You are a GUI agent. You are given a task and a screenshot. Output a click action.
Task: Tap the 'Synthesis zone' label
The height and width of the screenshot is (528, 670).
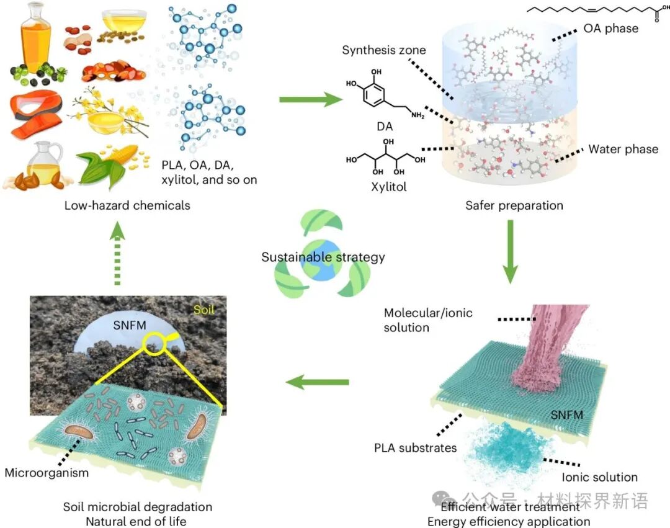pyautogui.click(x=384, y=50)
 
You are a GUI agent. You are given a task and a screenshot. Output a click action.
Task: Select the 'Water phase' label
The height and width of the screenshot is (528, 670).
pyautogui.click(x=623, y=149)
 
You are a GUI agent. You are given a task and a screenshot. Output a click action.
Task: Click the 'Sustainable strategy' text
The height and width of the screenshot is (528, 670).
pyautogui.click(x=323, y=257)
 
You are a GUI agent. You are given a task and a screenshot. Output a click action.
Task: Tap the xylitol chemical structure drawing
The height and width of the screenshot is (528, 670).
pyautogui.click(x=385, y=159)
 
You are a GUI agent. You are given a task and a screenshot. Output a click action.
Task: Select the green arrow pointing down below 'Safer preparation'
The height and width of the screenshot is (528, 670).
pyautogui.click(x=510, y=252)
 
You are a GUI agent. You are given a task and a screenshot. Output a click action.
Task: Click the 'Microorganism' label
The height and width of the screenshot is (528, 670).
pyautogui.click(x=47, y=473)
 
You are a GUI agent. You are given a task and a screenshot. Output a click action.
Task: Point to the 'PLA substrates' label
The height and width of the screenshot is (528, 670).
pyautogui.click(x=415, y=447)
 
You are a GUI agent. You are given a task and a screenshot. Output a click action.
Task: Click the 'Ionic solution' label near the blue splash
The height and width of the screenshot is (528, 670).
pyautogui.click(x=599, y=477)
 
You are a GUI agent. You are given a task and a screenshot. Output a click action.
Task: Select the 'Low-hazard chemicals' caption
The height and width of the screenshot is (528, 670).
pyautogui.click(x=127, y=205)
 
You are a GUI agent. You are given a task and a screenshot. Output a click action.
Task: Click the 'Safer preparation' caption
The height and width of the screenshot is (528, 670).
pyautogui.click(x=514, y=205)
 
